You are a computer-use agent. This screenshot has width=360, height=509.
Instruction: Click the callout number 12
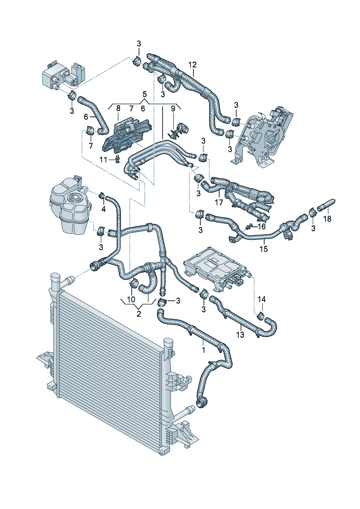click(x=192, y=65)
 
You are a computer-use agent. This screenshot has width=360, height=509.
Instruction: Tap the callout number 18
click(x=327, y=219)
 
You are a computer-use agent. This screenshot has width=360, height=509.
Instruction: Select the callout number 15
click(x=263, y=249)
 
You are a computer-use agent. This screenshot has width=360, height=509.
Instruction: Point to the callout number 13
click(x=240, y=334)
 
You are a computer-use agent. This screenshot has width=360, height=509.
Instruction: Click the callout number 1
click(x=204, y=350)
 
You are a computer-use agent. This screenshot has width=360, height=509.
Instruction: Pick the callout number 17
click(x=219, y=202)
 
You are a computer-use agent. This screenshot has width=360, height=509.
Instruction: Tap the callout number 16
click(x=262, y=227)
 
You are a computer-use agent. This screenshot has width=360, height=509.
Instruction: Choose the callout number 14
click(x=262, y=299)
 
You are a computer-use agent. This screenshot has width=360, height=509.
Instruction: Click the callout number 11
click(x=103, y=160)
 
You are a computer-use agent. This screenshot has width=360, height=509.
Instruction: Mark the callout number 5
click(x=144, y=94)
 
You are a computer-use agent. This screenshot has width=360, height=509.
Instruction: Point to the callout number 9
click(x=173, y=108)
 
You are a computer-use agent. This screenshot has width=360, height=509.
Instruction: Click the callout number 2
click(x=139, y=314)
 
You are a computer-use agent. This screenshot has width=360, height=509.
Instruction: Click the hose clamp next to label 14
click(x=261, y=316)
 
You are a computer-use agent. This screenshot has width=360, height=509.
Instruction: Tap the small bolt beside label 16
click(x=249, y=227)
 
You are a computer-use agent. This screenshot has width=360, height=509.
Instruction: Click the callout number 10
click(x=131, y=300)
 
